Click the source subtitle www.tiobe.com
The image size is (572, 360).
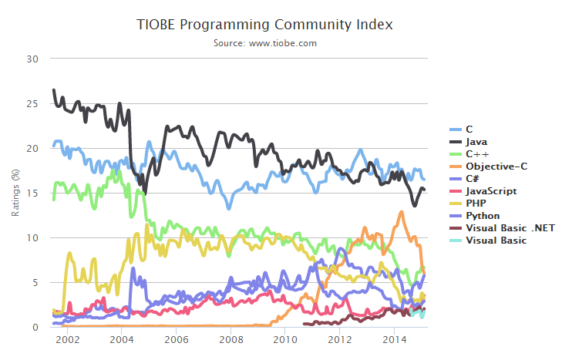pos(265,43)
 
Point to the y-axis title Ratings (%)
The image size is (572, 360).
pos(15,192)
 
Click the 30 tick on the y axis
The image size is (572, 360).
pos(32,59)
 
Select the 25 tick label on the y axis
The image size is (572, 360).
pos(32,103)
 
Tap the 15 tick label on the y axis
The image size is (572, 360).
pos(32,193)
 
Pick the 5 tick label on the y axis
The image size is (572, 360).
pos(35,283)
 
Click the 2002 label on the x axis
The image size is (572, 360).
pos(66,339)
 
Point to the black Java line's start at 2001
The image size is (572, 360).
pos(53,90)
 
